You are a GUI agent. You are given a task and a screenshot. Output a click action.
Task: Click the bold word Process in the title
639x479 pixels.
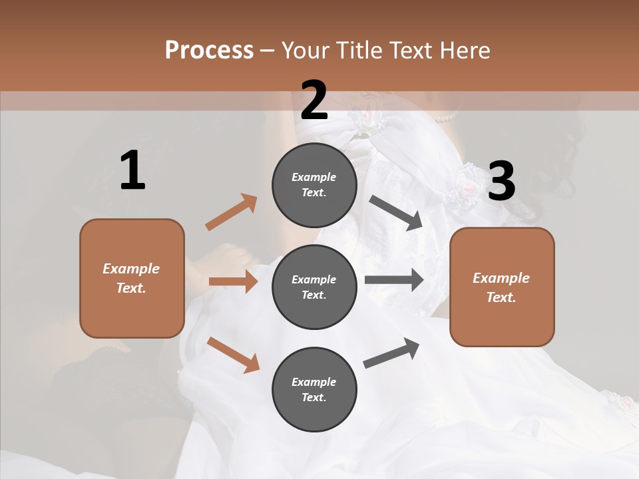pyautogui.click(x=209, y=50)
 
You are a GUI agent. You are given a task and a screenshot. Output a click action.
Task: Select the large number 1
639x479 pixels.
pyautogui.click(x=132, y=171)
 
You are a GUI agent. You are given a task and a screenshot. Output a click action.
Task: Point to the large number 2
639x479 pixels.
pyautogui.click(x=314, y=100)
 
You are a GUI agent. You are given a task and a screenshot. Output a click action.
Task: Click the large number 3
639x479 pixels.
pyautogui.click(x=501, y=182)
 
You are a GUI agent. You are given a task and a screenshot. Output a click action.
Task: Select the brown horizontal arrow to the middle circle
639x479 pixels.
pyautogui.click(x=233, y=281)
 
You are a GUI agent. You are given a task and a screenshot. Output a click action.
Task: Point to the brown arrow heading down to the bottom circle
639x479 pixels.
pyautogui.click(x=234, y=354)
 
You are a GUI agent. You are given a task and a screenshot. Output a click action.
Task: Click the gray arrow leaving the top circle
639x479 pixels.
pyautogui.click(x=397, y=213)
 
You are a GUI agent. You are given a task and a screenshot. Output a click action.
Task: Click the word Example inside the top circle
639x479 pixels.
pyautogui.click(x=314, y=178)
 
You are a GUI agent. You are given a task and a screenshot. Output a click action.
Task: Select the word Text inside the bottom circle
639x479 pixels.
pyautogui.click(x=313, y=397)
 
